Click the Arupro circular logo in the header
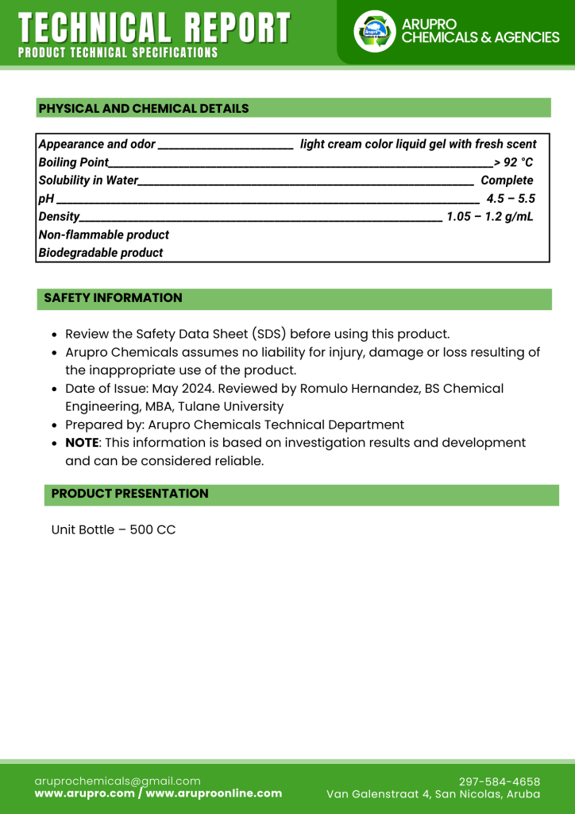pos(374,32)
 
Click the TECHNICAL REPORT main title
pos(154,28)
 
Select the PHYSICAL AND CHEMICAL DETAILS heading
pos(144,109)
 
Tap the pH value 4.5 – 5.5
pos(511,199)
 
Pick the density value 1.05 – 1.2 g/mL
pos(489,217)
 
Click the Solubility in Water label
pos(88,180)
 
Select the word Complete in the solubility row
pos(507,180)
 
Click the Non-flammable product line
pos(104,235)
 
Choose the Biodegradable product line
pos(101,254)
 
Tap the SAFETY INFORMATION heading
pos(113,298)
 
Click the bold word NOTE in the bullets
pos(82,443)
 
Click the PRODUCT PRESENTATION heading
pos(129,494)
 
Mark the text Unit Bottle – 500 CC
pos(114,529)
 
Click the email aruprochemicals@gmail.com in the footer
pos(118,781)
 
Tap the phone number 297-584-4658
pos(500,781)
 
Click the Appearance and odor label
pos(97,144)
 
